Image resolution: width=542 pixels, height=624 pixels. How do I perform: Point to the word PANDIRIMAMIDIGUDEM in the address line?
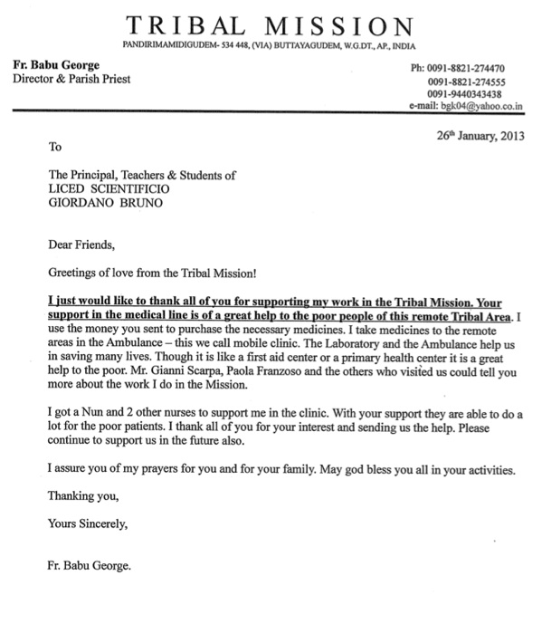[165, 45]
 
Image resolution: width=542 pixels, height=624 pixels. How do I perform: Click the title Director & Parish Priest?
[71, 80]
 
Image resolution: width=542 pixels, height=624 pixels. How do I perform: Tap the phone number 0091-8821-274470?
[471, 69]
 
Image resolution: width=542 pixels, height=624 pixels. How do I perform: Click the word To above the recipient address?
[54, 145]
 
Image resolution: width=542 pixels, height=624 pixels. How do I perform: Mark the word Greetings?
[73, 271]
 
